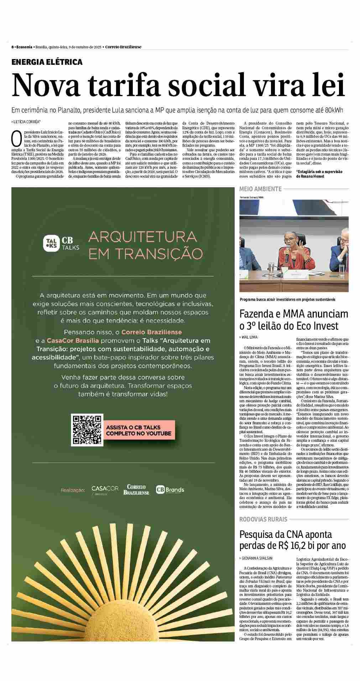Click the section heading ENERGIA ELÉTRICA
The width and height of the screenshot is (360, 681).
tap(47, 62)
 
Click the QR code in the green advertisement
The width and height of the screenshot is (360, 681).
tap(87, 430)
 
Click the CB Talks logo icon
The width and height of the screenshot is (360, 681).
tap(51, 244)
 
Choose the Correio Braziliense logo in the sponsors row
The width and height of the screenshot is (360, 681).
tap(136, 490)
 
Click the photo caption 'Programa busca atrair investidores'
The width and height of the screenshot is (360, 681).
tap(287, 299)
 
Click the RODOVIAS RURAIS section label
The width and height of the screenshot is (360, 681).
tap(263, 519)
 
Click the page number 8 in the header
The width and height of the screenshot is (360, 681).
tap(12, 47)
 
